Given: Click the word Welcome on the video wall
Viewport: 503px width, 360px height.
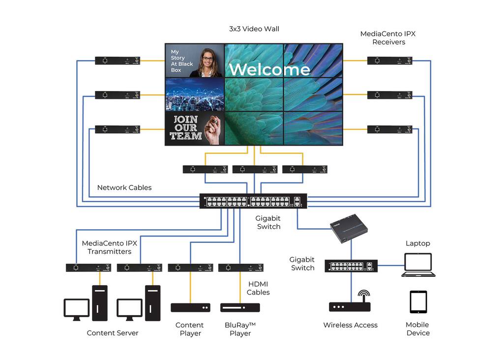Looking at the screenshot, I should tap(269, 69).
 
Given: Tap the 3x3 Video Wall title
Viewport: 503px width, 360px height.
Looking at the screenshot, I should tap(254, 29).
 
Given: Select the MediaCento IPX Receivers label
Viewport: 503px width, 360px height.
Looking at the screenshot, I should tap(388, 38).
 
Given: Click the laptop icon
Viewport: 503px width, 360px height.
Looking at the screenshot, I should tap(418, 265).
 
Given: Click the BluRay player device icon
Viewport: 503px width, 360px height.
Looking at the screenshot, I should tap(240, 308).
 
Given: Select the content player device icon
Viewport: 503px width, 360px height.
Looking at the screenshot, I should tap(190, 308).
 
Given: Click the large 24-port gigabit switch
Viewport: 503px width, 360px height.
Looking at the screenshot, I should tap(253, 201).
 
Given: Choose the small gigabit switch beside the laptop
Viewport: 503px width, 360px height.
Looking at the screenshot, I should tap(351, 266).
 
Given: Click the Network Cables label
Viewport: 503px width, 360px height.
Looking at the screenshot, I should tap(124, 187).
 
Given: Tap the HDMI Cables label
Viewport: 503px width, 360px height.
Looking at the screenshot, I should tap(258, 288).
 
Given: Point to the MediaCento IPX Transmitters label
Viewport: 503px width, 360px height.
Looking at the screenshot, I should tap(109, 247).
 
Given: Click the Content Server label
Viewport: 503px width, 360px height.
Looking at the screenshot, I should tap(113, 333).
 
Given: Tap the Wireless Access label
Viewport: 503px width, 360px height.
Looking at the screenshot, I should tap(350, 325).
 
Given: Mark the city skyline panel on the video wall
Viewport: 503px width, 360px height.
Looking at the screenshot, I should tap(194, 94).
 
